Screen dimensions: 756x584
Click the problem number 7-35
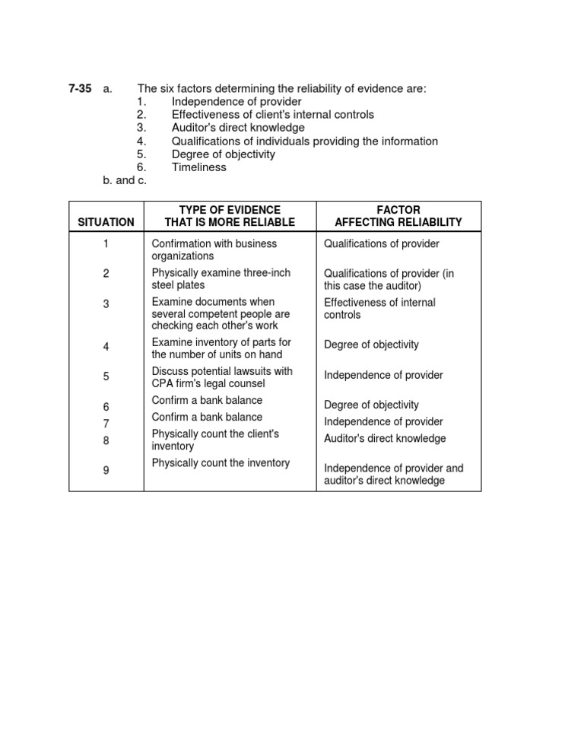pos(80,89)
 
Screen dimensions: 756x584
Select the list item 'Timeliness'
pos(198,167)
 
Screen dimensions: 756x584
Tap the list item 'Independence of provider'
pos(236,102)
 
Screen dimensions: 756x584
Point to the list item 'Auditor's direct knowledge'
pos(237,128)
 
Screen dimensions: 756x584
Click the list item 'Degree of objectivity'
pos(223,154)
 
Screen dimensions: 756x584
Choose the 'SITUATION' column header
pos(106,222)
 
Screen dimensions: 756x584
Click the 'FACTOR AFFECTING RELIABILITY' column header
pos(398,215)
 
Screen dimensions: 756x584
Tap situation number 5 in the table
pos(106,376)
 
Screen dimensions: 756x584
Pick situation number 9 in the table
pos(106,471)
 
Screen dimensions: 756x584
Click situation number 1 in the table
pos(106,244)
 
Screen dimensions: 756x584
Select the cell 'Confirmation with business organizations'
pos(214,250)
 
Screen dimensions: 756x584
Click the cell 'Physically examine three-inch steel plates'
pos(221,278)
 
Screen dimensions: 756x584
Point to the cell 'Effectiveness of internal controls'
pos(379,308)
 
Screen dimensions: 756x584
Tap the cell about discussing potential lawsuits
pos(221,377)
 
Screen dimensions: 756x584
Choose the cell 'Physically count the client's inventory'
pos(215,440)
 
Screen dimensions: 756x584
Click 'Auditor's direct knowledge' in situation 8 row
pos(385,439)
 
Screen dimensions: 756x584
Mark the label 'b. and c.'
pos(124,180)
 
